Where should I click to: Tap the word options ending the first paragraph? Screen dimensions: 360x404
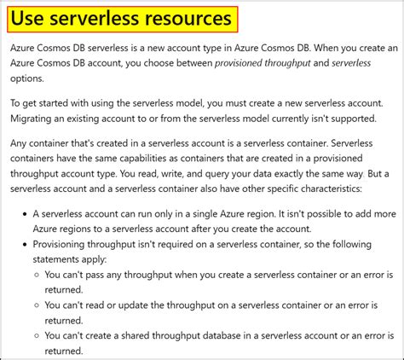pos(31,78)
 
